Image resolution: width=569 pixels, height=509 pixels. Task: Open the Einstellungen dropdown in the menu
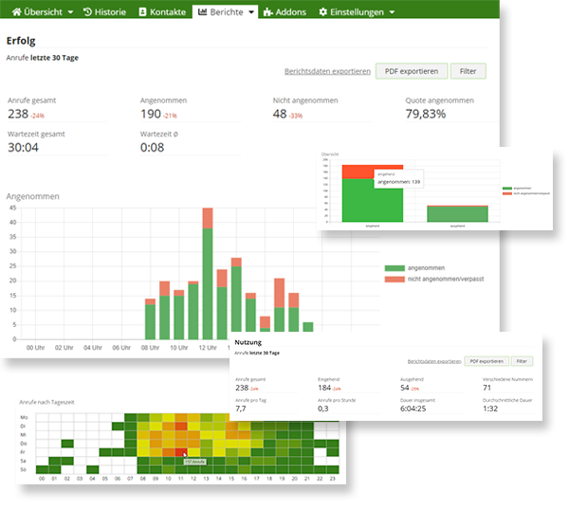[357, 11]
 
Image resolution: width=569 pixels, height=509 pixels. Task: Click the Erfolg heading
[22, 41]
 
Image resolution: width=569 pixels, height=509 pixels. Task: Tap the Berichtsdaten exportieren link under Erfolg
[327, 71]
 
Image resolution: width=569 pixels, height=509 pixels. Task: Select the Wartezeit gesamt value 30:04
[22, 147]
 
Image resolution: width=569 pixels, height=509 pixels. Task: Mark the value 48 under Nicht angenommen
[280, 114]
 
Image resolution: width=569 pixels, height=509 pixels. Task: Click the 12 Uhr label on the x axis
[208, 347]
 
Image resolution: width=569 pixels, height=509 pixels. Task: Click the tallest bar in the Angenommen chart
[208, 275]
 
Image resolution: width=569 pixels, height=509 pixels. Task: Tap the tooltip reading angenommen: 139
[398, 181]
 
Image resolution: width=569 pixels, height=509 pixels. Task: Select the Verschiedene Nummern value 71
[486, 388]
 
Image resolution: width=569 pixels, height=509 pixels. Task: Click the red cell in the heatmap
[180, 451]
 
